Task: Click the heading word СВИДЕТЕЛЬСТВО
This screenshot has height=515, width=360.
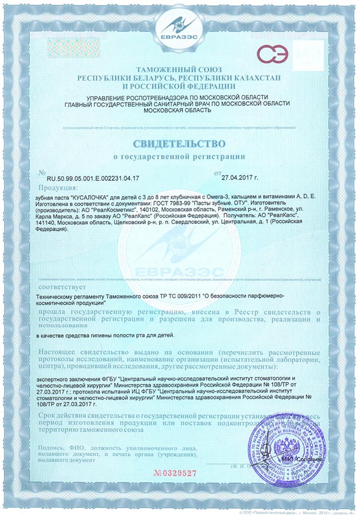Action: (180, 142)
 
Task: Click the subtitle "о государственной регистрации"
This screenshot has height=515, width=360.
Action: (180, 156)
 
